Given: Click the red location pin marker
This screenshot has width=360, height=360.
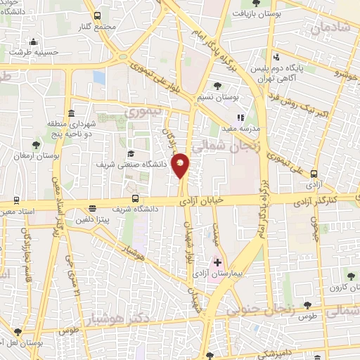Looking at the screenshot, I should point(181,165).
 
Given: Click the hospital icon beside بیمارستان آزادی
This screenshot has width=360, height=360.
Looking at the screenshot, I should point(217,262).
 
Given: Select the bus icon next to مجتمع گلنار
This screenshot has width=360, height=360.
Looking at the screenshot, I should point(96,15).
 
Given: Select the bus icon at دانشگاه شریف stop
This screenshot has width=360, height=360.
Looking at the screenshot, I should point(135,198).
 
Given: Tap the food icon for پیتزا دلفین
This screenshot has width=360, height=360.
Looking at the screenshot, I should point(92,208).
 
